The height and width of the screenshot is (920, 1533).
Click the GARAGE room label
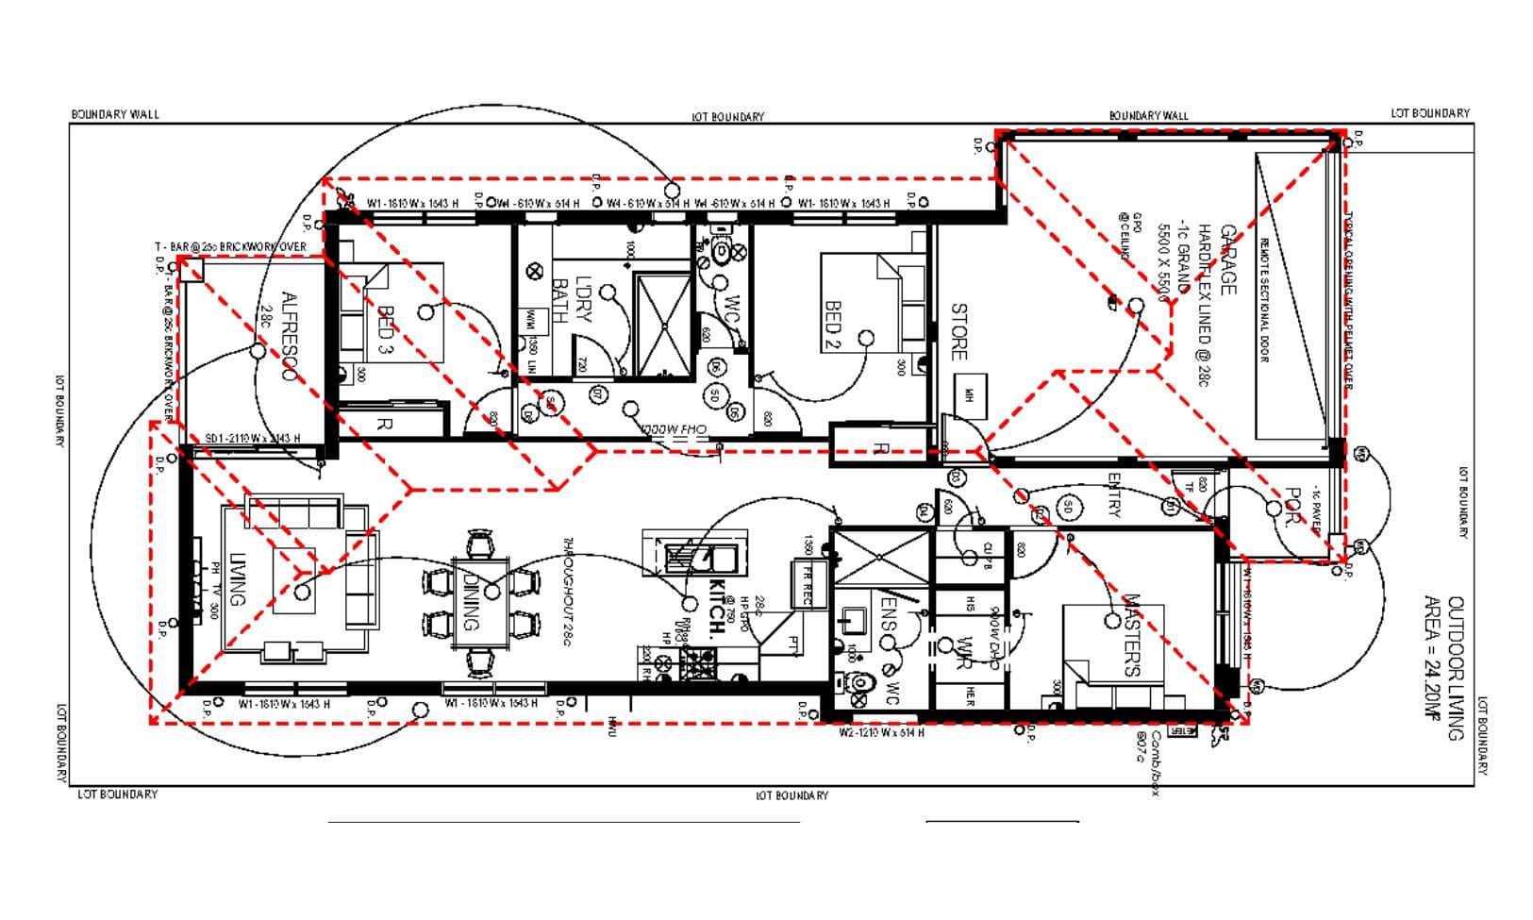pyautogui.click(x=1227, y=259)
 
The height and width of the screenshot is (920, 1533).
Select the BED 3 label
pyautogui.click(x=386, y=328)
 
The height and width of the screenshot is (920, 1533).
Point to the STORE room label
pyautogui.click(x=958, y=331)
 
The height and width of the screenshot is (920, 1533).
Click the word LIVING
pyautogui.click(x=237, y=578)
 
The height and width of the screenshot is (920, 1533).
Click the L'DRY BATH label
pyautogui.click(x=572, y=300)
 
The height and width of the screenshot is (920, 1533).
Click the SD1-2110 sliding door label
pyautogui.click(x=252, y=439)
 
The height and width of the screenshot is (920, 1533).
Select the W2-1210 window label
pyautogui.click(x=881, y=732)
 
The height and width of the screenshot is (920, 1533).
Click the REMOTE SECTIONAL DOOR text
pyautogui.click(x=1264, y=299)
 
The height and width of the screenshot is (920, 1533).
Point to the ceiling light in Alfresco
pyautogui.click(x=258, y=351)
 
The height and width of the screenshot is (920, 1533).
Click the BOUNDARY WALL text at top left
pyautogui.click(x=115, y=114)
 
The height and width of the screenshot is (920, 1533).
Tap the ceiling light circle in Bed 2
pyautogui.click(x=865, y=338)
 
